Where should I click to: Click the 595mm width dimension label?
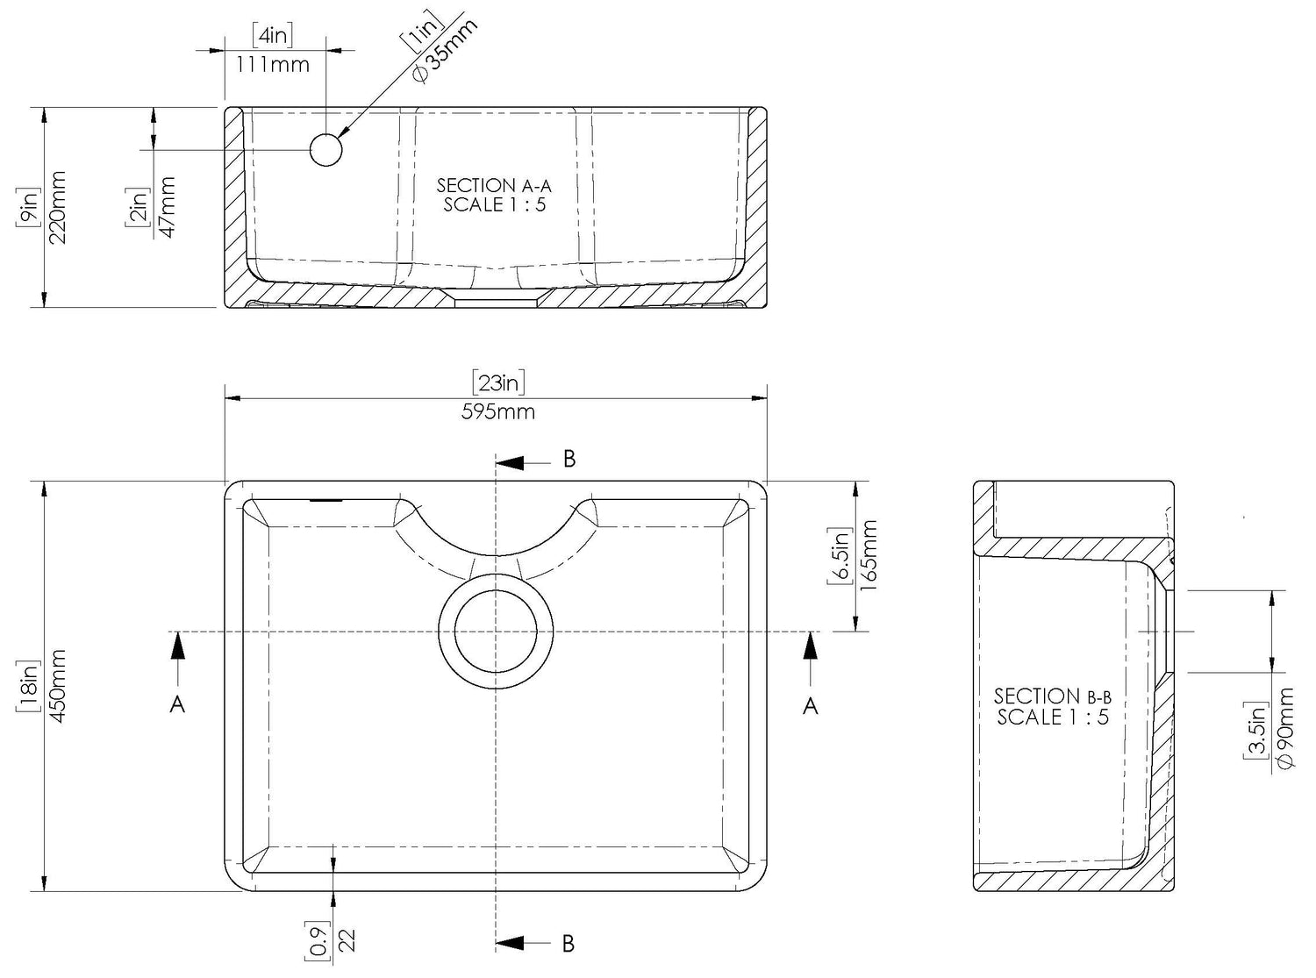(x=497, y=411)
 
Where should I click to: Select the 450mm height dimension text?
(x=58, y=686)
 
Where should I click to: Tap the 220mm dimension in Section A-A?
(x=58, y=207)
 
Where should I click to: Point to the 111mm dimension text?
(x=272, y=64)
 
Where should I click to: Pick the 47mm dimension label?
(x=168, y=207)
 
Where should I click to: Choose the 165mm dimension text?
(x=868, y=555)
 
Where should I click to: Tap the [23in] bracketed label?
(x=498, y=382)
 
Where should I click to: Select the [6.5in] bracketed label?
(x=840, y=555)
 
